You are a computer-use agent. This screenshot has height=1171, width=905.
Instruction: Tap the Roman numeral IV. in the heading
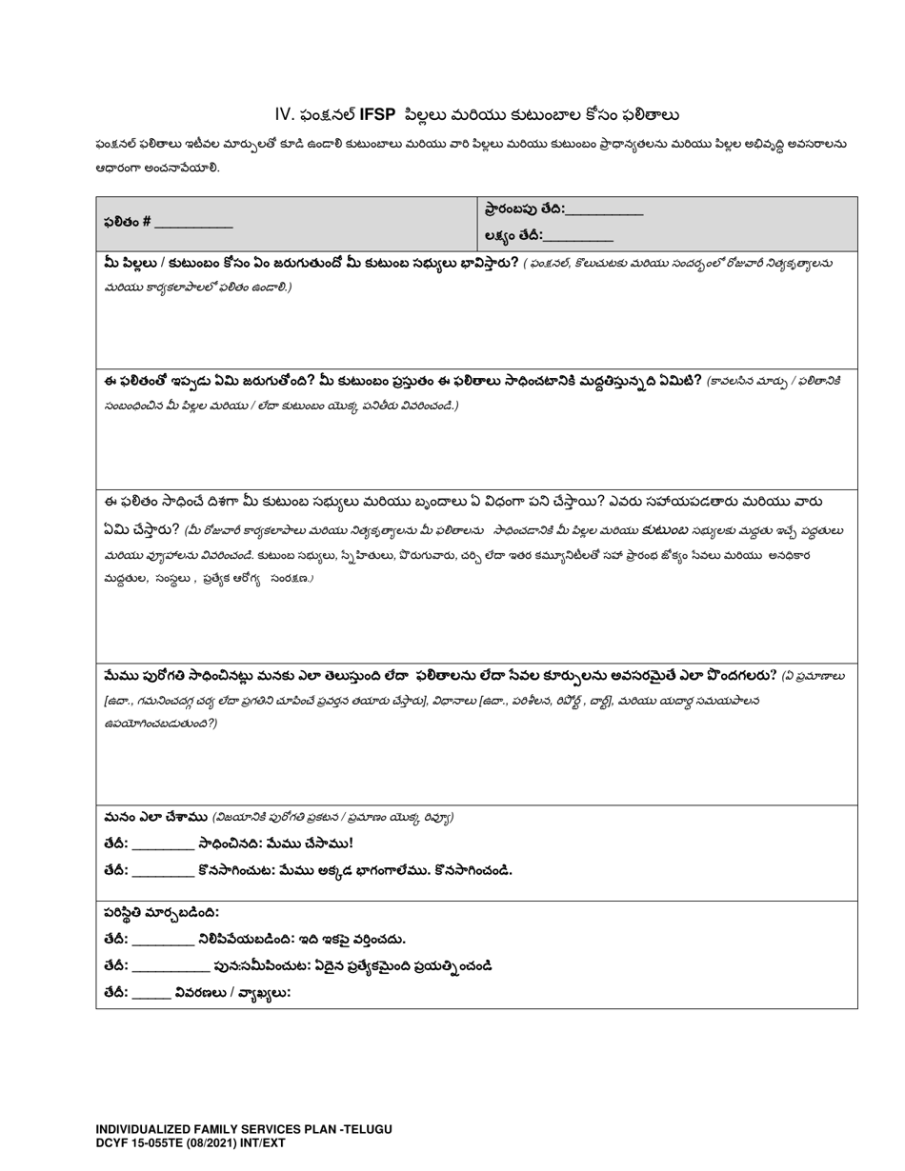click(285, 114)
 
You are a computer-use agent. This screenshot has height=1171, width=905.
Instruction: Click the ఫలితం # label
click(128, 222)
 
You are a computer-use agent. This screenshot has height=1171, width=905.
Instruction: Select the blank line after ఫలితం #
click(193, 225)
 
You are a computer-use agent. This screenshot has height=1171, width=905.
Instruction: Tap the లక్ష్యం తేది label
click(513, 235)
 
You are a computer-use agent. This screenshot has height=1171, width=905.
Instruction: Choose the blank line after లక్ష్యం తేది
click(578, 238)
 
